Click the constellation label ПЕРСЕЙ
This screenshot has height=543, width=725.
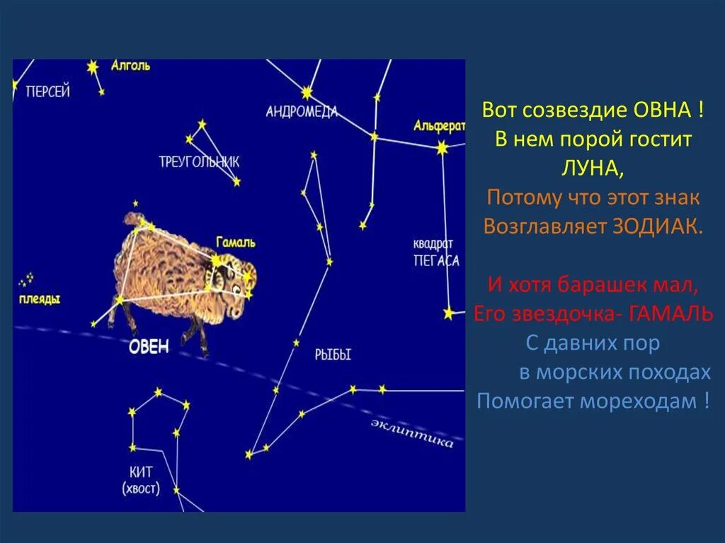tap(47, 91)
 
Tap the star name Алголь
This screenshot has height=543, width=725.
tap(130, 66)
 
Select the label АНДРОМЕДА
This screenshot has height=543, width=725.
tap(302, 111)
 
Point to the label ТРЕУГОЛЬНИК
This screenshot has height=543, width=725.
tap(199, 161)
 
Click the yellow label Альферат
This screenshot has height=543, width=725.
tap(440, 126)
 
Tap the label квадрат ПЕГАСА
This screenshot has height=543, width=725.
tap(435, 253)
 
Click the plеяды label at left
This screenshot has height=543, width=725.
tap(40, 299)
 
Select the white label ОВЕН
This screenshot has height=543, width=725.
tap(149, 346)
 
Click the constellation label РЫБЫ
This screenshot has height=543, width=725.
tap(333, 355)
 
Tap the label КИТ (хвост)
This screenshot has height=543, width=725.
tap(141, 480)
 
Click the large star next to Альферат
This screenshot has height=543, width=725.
tap(443, 148)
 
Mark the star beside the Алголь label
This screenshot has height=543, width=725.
tap(92, 67)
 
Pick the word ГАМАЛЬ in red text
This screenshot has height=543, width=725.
tap(672, 314)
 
